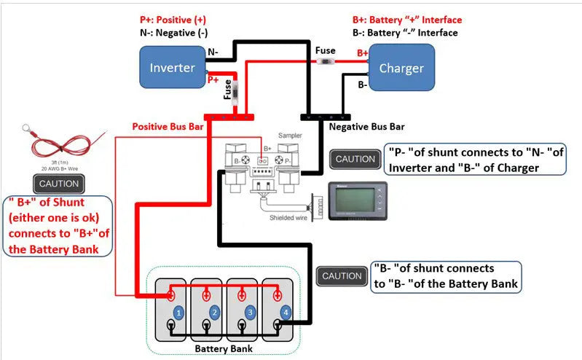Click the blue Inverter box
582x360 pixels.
172,67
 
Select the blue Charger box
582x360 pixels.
401,68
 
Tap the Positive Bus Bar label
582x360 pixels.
168,126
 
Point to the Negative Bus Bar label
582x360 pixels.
366,126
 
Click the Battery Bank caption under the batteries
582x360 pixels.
224,349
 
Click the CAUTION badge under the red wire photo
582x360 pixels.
59,184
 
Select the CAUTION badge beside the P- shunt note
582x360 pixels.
355,159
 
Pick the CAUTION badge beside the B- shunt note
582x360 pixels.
342,275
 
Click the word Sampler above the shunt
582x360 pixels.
290,136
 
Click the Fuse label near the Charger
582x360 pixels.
325,50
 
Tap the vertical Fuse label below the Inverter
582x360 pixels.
227,89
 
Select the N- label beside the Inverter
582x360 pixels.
213,52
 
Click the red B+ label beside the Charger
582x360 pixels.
362,53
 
